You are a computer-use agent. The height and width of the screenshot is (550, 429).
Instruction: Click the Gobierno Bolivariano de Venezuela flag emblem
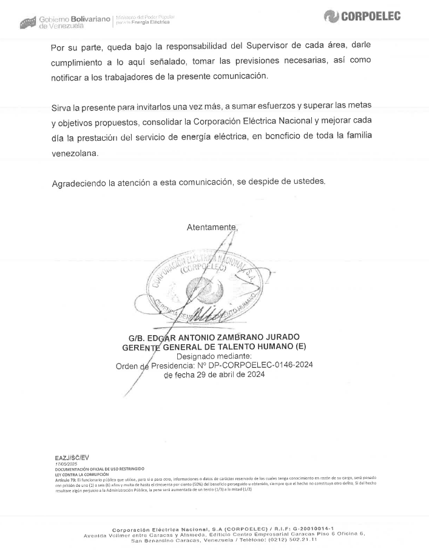tap(28, 22)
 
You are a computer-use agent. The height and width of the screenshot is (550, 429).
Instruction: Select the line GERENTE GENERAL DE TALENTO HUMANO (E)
tap(214, 347)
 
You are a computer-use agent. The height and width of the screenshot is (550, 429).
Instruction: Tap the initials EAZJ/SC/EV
tap(72, 457)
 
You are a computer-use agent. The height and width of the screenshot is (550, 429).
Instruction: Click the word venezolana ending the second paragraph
tap(74, 154)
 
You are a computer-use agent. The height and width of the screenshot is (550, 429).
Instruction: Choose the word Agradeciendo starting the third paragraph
tap(80, 183)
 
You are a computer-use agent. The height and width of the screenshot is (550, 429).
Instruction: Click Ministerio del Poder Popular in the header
tap(145, 16)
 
